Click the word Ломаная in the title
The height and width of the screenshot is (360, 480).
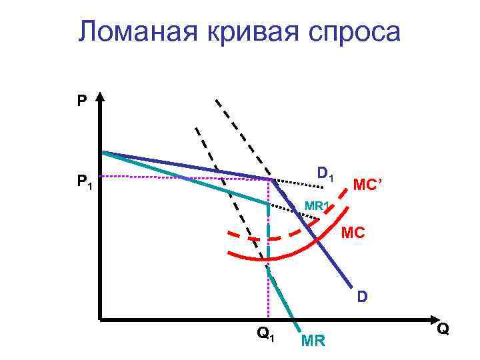[x=127, y=32]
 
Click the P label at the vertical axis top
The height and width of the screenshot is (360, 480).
[x=81, y=101]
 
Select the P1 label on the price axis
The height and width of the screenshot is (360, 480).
[x=83, y=181]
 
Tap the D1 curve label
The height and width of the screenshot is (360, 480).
[x=325, y=175]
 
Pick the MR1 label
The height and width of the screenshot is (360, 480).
[x=315, y=205]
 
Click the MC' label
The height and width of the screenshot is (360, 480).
[x=367, y=183]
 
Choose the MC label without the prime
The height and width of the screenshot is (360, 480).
[x=351, y=234]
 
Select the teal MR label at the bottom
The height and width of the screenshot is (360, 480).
[x=313, y=342]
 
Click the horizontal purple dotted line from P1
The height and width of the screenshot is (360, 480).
[x=187, y=177]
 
